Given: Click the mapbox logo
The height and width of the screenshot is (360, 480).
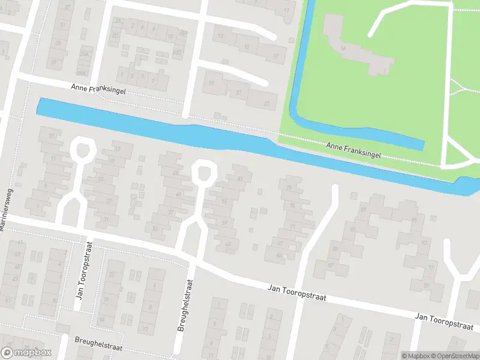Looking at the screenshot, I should (26, 353).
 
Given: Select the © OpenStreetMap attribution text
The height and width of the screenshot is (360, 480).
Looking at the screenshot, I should (454, 356).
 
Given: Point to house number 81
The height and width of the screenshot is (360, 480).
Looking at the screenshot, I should (362, 209).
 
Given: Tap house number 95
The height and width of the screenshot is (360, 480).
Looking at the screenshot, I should (415, 220).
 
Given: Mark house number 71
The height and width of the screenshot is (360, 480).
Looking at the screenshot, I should (293, 227).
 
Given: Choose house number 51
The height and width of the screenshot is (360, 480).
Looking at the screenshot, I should (7, 299).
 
